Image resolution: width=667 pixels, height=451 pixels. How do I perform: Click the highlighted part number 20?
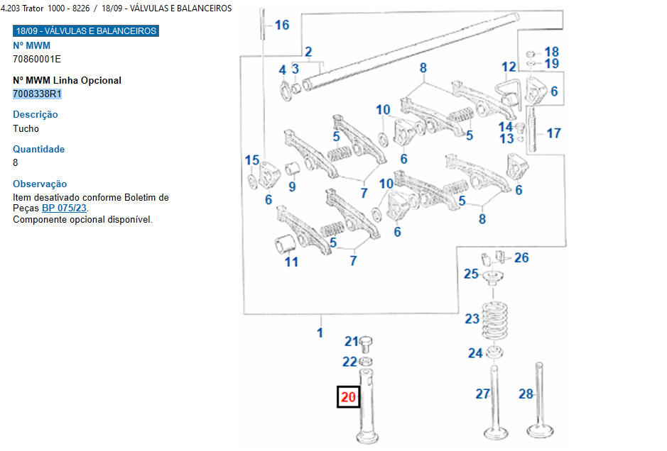coord(348,397)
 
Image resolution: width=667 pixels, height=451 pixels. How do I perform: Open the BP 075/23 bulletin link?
coord(64,208)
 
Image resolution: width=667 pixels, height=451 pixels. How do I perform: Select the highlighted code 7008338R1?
coord(38,94)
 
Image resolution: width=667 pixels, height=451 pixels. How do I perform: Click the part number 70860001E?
coord(37,59)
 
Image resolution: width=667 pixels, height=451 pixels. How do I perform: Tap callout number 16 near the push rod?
coord(282,25)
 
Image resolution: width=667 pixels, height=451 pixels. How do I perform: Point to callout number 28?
coord(526,394)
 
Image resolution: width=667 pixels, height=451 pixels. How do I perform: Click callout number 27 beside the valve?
coord(482,394)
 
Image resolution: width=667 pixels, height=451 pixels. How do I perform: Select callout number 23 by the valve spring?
coord(472,319)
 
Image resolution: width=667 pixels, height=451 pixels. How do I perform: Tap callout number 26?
coord(521,257)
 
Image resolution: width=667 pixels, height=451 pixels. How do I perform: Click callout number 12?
coord(509,67)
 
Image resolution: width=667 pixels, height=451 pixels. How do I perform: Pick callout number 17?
coord(553,133)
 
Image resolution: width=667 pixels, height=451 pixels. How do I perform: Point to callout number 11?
coord(291,262)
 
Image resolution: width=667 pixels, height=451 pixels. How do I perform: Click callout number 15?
coord(252,160)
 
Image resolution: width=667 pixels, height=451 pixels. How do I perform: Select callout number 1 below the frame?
coord(320,332)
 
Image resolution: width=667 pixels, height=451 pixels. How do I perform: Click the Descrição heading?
coord(36,114)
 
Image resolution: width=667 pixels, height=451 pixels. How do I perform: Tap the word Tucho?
coord(26,128)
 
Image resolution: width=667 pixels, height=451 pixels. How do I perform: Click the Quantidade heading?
coord(38,149)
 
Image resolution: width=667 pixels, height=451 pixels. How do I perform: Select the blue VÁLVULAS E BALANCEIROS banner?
coord(86,31)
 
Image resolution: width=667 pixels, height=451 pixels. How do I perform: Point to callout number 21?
coord(352,342)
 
